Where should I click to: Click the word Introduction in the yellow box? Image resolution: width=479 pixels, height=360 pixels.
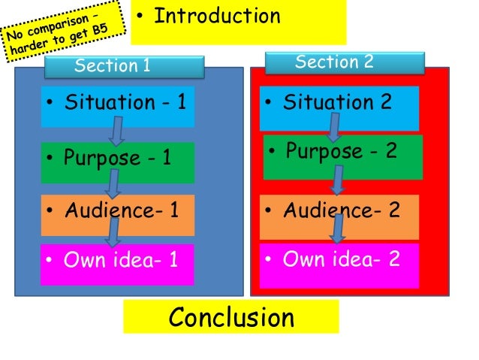pyautogui.click(x=217, y=16)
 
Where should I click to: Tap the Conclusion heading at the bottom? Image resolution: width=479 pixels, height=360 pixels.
pyautogui.click(x=231, y=318)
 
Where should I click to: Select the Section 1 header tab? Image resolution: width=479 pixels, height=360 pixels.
pyautogui.click(x=124, y=66)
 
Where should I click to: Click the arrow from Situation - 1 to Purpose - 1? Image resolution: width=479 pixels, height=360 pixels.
pyautogui.click(x=116, y=131)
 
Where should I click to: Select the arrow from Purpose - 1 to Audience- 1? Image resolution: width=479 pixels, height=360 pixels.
pyautogui.click(x=114, y=182)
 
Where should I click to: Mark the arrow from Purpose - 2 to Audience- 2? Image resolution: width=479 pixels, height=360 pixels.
pyautogui.click(x=339, y=180)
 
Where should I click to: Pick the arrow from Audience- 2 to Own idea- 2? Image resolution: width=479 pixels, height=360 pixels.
pyautogui.click(x=339, y=229)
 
